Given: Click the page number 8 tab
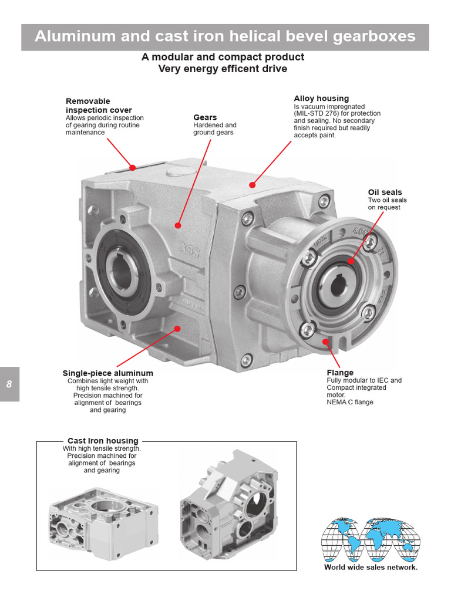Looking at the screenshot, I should tap(9, 384).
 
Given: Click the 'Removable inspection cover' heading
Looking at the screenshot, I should tap(99, 106).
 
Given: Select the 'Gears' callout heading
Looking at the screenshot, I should tap(205, 117).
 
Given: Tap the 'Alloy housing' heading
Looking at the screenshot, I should tap(321, 99).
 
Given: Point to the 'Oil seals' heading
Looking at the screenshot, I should tap(385, 192).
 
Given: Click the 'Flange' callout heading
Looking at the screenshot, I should tap(340, 372).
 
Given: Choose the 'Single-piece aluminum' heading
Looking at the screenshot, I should tap(107, 373).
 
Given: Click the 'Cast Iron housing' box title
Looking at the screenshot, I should tap(103, 441).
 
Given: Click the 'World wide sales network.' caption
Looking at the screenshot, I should tap(371, 568).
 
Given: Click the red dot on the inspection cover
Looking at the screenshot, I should tap(133, 168).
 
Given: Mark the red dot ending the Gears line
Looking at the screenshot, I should tap(178, 225).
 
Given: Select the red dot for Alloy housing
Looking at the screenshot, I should tap(252, 185).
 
